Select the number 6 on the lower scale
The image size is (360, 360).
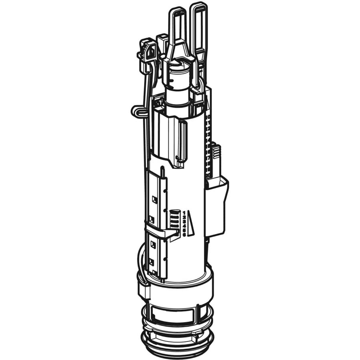tap(184, 235)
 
